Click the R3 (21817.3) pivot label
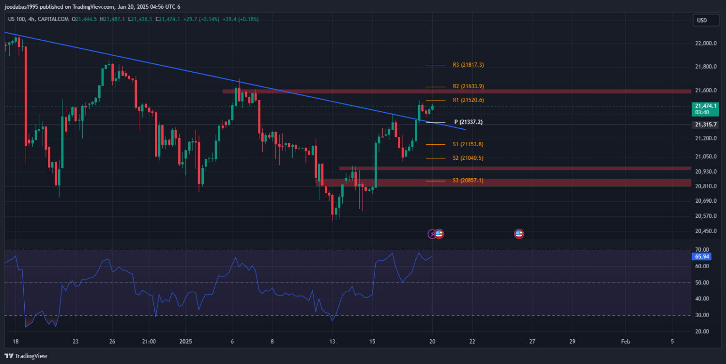pos(468,65)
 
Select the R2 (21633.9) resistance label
pos(468,86)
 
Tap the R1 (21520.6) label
pos(468,100)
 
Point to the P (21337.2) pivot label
pos(468,122)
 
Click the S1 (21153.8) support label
pos(468,144)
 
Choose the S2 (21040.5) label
pos(468,158)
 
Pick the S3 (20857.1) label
pos(468,181)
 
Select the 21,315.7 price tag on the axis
pos(705,125)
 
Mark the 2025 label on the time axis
pos(186,341)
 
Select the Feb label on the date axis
pos(625,341)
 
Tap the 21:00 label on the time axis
pos(149,341)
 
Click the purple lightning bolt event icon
pos(432,234)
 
